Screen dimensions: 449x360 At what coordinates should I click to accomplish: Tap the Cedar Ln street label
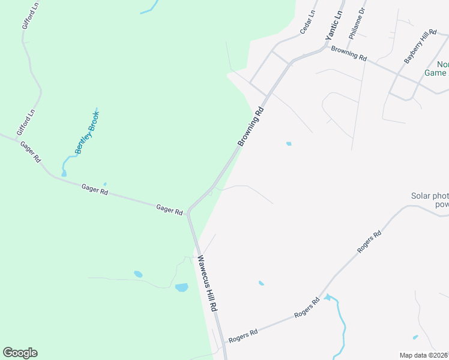coord(307,22)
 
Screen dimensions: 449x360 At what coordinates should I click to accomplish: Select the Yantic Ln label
coord(333,25)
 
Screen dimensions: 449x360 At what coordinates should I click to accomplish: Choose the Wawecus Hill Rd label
coord(206,283)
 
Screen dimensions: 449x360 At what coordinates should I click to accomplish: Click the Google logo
coord(20,353)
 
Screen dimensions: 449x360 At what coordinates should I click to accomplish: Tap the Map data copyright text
coord(423,355)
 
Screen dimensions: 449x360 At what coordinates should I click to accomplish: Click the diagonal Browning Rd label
coord(251,127)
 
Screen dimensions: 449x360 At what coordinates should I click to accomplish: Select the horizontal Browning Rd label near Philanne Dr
coord(348,53)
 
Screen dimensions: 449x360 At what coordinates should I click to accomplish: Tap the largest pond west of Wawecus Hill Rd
coord(181,287)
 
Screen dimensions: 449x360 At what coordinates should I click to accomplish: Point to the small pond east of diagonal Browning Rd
coord(289,144)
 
